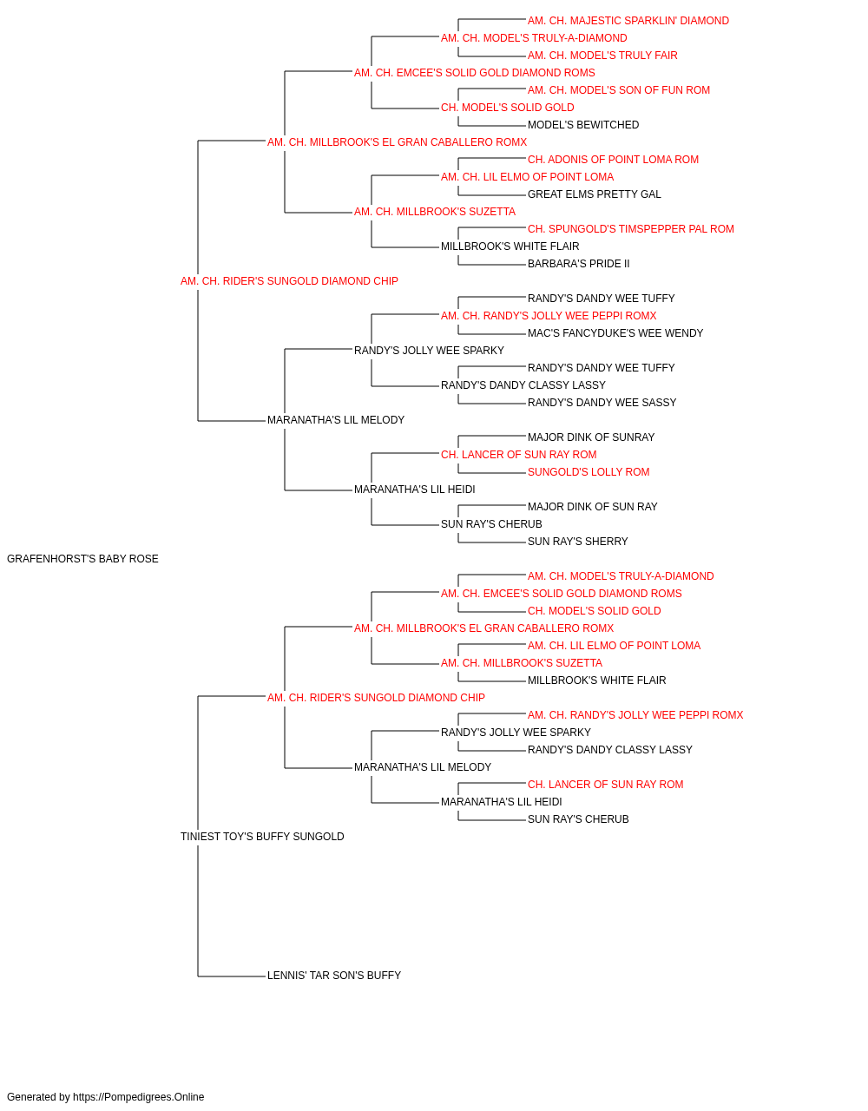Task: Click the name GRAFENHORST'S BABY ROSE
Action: (x=82, y=559)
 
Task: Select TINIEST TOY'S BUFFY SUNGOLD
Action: (x=262, y=837)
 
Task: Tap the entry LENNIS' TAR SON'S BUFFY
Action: (x=334, y=976)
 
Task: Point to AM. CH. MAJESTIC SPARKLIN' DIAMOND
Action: (x=628, y=21)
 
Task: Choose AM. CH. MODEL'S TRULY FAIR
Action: (x=602, y=56)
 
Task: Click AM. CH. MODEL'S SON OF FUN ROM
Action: (x=619, y=90)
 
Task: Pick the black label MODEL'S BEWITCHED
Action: (x=583, y=125)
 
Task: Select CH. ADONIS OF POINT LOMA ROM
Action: (x=613, y=160)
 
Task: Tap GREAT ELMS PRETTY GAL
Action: (x=594, y=194)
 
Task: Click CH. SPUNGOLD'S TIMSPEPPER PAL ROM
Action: (x=631, y=229)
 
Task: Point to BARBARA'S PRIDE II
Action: (x=579, y=265)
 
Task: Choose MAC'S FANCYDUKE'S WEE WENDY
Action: (x=615, y=333)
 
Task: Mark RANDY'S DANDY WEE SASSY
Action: (x=602, y=403)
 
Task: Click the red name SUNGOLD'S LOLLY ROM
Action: (x=589, y=472)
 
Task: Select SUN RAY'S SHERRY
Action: (x=577, y=542)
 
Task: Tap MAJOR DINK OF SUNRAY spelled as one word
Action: (x=591, y=437)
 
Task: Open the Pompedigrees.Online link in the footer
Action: (x=139, y=1097)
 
